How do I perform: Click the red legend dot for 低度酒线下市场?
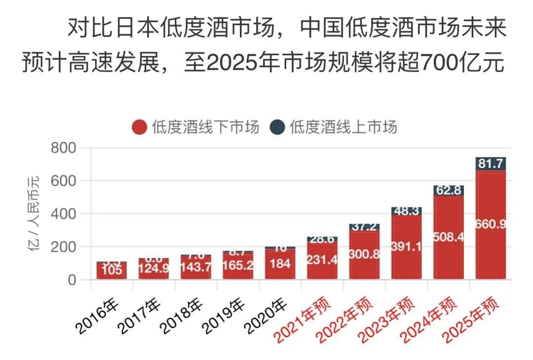click(x=140, y=127)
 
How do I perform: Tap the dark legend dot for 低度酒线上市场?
click(x=277, y=127)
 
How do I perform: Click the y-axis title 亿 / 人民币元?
click(x=36, y=213)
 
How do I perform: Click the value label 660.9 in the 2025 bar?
click(x=491, y=224)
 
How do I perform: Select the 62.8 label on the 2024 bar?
click(x=449, y=191)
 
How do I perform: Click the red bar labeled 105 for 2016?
click(x=112, y=271)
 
